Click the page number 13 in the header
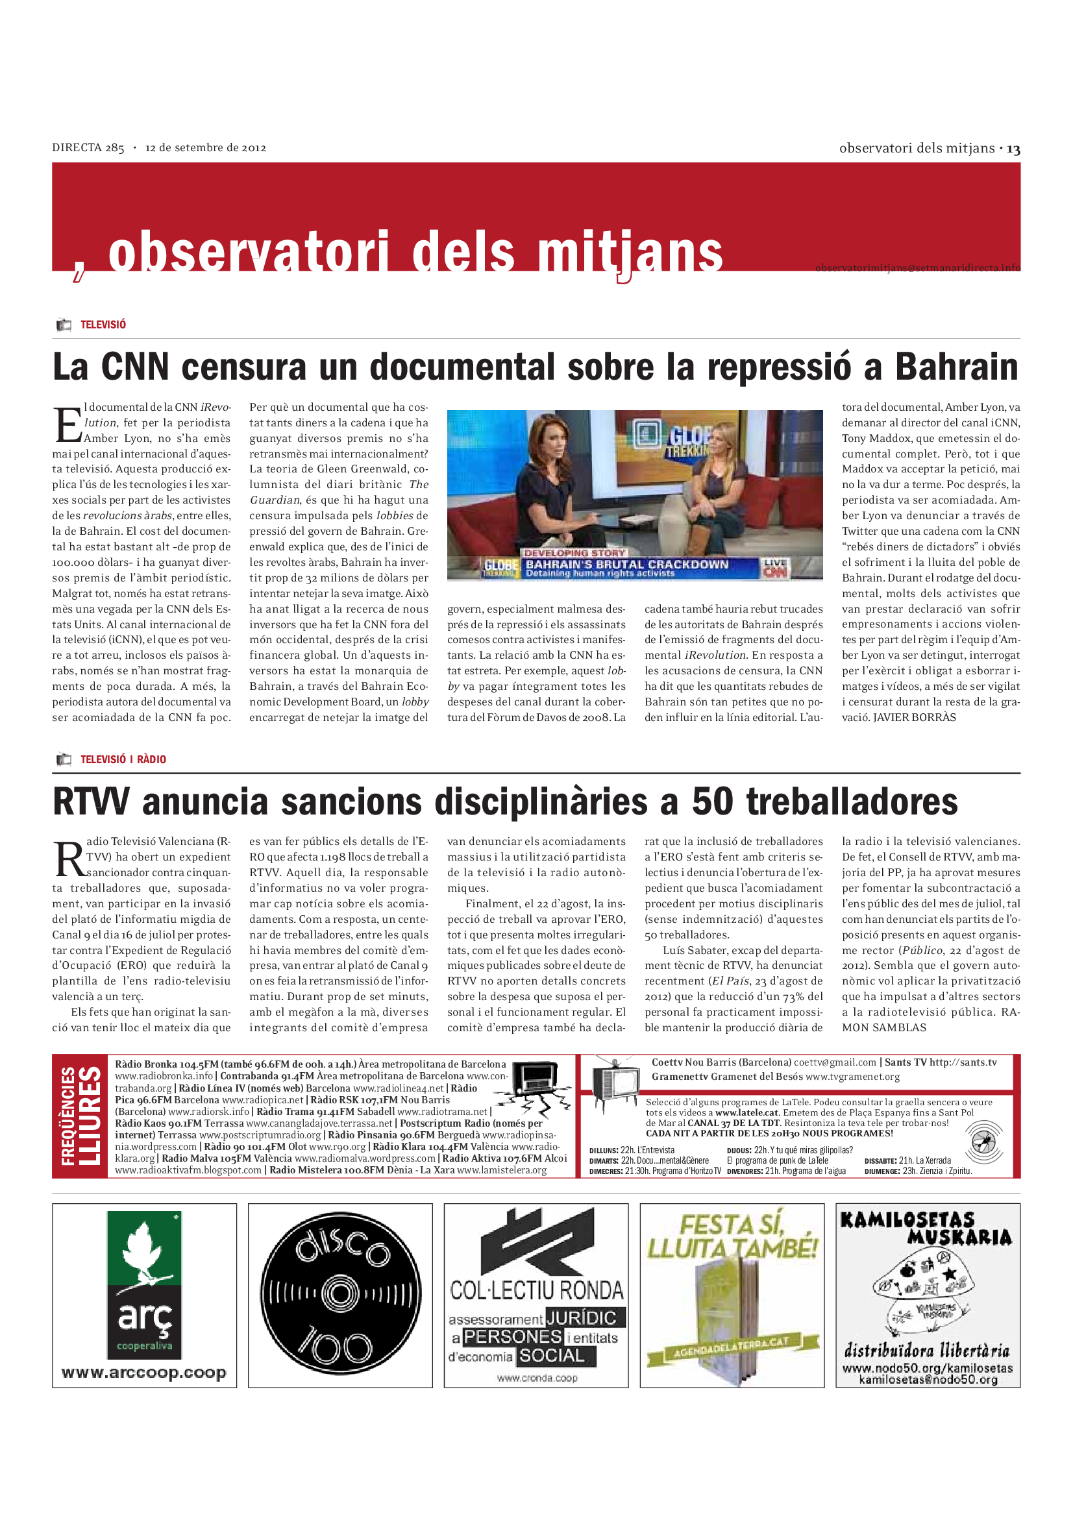[1013, 149]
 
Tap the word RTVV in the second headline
[91, 802]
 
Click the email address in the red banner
[917, 268]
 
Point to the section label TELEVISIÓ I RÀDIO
[123, 760]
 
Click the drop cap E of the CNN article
[67, 425]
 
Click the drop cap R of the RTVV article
[69, 859]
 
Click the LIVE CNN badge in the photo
[775, 568]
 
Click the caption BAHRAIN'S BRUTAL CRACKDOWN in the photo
[626, 565]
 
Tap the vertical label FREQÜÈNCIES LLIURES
[81, 1116]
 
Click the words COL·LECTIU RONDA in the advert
[536, 1290]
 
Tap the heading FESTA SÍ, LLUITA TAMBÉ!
[732, 1237]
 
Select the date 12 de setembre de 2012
[206, 148]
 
